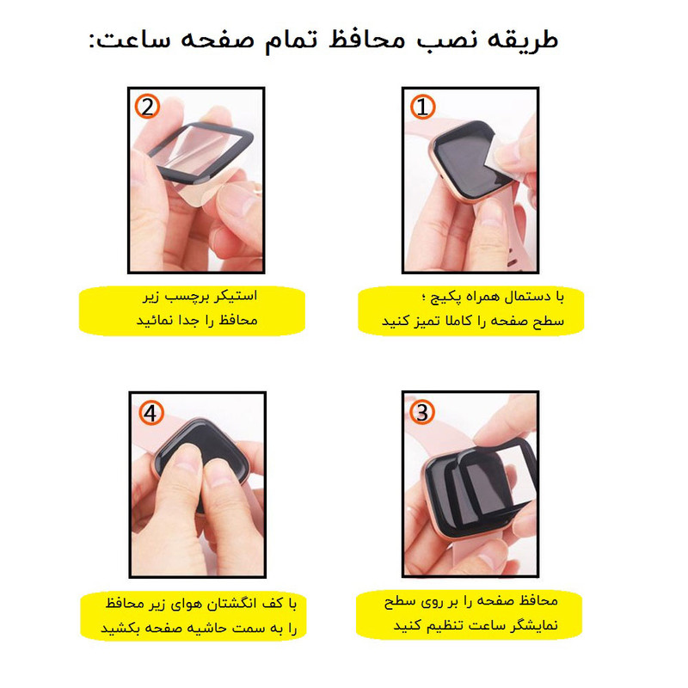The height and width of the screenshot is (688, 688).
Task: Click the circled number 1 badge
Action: tap(422, 107)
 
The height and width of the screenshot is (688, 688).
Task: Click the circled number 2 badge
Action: tap(147, 107)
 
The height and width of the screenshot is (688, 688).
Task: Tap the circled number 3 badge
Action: tap(422, 412)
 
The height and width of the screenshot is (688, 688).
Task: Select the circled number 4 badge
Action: tap(151, 413)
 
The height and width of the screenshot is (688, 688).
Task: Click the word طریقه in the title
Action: tap(523, 40)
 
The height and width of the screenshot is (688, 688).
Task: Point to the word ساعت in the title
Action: tap(132, 40)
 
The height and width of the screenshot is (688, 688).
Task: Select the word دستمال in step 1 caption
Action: tap(528, 297)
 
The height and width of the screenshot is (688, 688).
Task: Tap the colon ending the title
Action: tap(92, 40)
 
